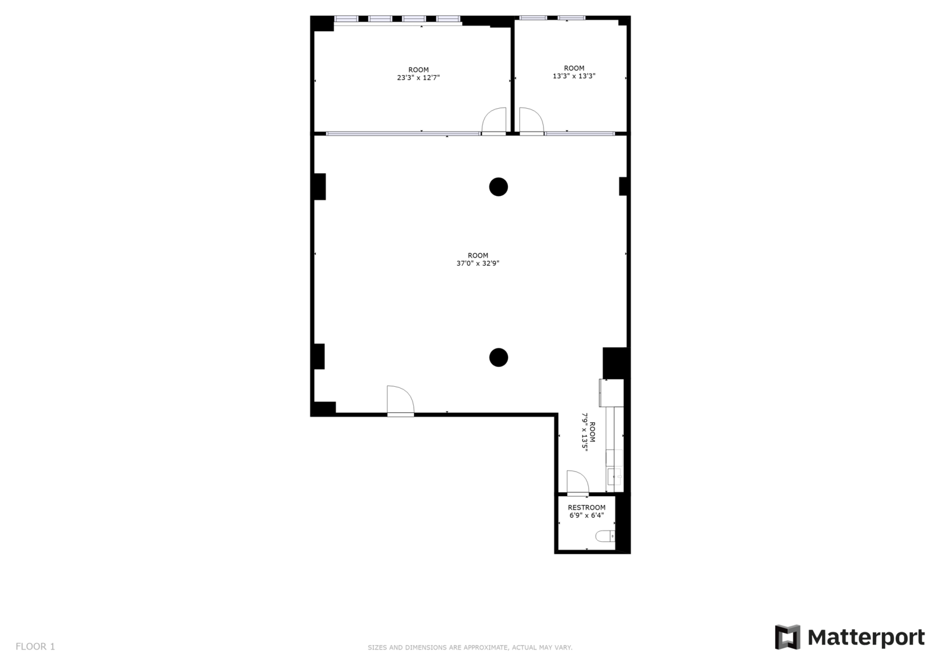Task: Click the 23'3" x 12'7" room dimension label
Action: click(418, 78)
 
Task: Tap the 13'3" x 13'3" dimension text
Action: click(574, 76)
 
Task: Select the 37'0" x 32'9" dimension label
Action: click(477, 263)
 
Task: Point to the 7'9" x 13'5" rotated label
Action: click(584, 432)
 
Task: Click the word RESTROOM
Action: click(586, 508)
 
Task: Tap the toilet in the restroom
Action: click(606, 536)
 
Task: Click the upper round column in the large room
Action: click(498, 187)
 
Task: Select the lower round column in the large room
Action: click(498, 357)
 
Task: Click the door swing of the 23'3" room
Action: click(493, 121)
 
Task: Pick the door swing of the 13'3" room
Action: click(532, 121)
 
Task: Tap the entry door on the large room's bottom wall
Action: click(400, 401)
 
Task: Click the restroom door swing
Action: click(577, 482)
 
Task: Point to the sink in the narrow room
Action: click(614, 476)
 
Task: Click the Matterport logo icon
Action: click(787, 637)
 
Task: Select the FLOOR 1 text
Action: click(36, 646)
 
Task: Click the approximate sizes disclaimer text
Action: click(470, 648)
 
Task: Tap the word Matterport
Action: click(866, 637)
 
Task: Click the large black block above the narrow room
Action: click(615, 363)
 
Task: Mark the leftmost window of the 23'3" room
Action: click(347, 19)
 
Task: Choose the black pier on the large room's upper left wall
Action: click(319, 186)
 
